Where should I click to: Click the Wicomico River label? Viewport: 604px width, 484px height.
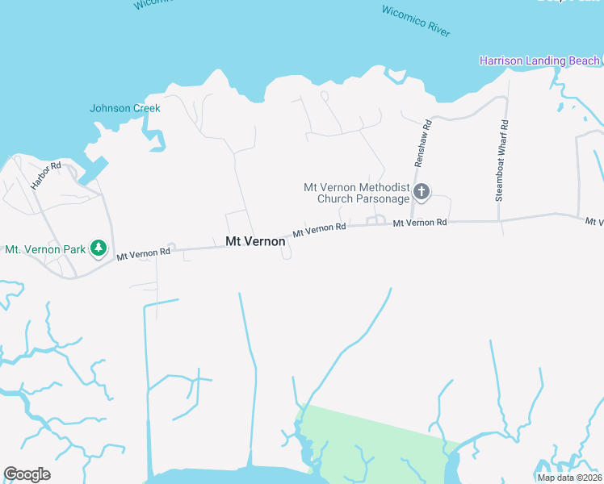click(x=415, y=21)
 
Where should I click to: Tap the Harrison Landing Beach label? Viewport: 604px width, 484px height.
click(x=539, y=60)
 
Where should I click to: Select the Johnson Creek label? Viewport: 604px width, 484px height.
click(x=125, y=108)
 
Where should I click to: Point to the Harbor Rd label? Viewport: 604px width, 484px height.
click(x=45, y=176)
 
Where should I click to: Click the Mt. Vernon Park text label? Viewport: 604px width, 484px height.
click(x=45, y=249)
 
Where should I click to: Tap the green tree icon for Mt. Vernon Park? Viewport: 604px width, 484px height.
click(x=99, y=248)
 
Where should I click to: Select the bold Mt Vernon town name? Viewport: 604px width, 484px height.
click(x=255, y=241)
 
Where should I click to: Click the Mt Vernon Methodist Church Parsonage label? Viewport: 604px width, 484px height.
click(x=357, y=193)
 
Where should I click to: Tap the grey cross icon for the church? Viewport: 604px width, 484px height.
click(x=422, y=192)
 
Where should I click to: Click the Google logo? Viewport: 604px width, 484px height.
click(x=27, y=474)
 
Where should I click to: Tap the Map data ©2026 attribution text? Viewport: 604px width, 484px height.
click(x=569, y=477)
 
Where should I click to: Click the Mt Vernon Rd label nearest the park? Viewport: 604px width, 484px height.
click(x=143, y=253)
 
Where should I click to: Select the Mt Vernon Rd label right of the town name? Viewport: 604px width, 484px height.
click(x=319, y=230)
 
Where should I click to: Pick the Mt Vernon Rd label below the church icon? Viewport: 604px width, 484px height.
click(x=420, y=222)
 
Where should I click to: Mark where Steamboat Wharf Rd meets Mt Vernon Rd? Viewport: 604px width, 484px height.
click(x=500, y=220)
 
